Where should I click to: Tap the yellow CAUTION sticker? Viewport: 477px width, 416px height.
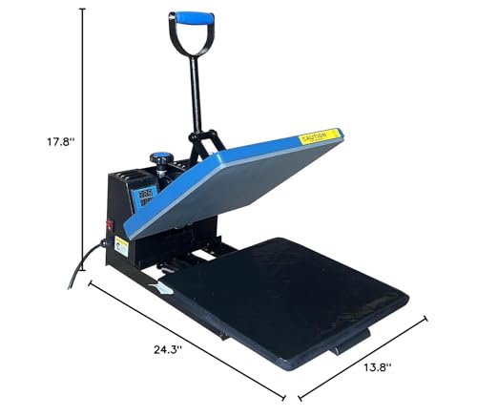[320, 135]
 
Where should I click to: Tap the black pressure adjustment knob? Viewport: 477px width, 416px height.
[160, 158]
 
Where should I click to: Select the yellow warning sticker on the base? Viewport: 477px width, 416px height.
[122, 246]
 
